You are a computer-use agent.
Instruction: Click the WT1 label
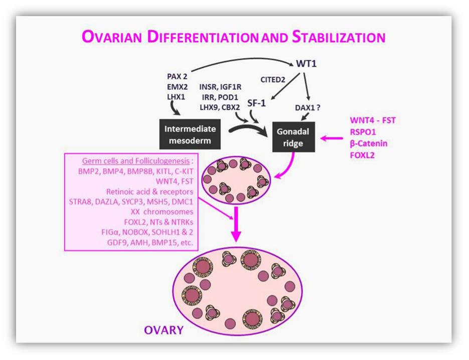click(x=306, y=64)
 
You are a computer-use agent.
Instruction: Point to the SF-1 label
click(x=256, y=103)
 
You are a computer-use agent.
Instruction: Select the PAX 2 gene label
click(x=177, y=77)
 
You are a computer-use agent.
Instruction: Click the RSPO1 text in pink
click(x=362, y=132)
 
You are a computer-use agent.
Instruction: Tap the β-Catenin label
click(x=369, y=143)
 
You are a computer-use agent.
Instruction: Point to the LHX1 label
click(x=176, y=96)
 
